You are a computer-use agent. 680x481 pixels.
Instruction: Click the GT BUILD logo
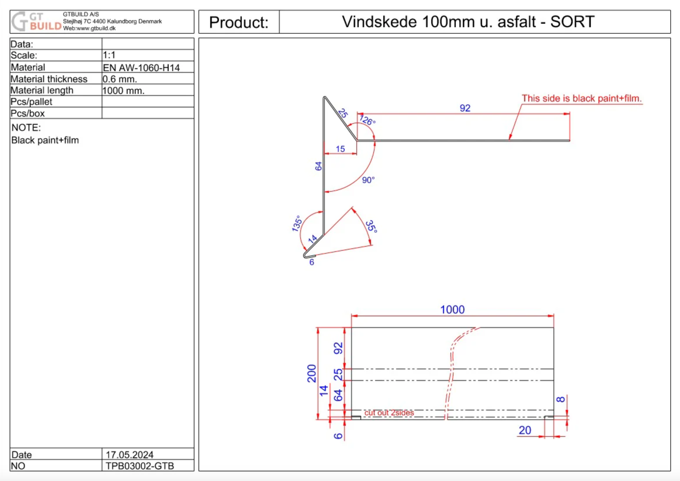[x=36, y=21]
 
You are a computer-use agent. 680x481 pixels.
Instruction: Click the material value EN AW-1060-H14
[x=141, y=68]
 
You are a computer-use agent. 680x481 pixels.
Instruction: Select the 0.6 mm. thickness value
[x=120, y=79]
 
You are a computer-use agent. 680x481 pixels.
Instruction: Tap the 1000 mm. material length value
[x=123, y=90]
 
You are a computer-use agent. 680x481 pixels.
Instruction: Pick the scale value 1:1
[x=109, y=55]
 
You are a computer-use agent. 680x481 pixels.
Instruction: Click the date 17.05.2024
[x=130, y=455]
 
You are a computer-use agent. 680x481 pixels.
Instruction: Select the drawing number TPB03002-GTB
[x=140, y=466]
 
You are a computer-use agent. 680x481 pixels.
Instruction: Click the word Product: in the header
[x=239, y=22]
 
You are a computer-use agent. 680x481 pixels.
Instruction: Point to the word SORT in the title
[x=572, y=22]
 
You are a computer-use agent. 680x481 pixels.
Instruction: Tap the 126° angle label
[x=367, y=120]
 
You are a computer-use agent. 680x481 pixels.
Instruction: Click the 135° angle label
[x=297, y=224]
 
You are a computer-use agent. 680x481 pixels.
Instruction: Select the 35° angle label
[x=371, y=226]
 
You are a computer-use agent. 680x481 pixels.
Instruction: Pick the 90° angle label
[x=368, y=180]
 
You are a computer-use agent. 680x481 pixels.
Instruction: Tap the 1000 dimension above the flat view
[x=452, y=310]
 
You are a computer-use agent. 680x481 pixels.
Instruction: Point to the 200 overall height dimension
[x=312, y=373]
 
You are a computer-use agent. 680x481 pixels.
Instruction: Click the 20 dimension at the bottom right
[x=525, y=430]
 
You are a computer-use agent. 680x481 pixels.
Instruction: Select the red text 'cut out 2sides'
[x=389, y=413]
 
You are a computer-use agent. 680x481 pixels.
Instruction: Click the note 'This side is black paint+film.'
[x=582, y=98]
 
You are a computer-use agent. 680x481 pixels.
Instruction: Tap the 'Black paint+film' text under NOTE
[x=45, y=140]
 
